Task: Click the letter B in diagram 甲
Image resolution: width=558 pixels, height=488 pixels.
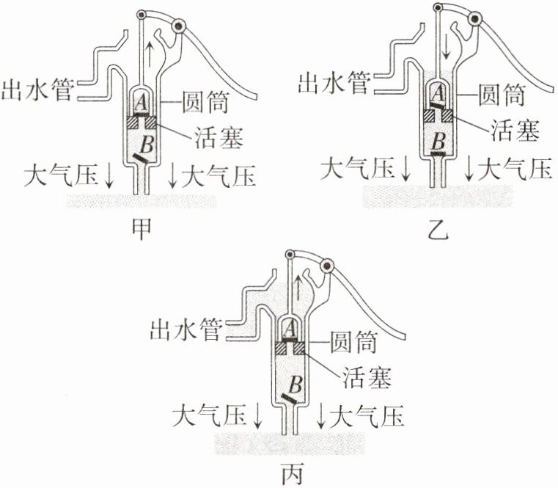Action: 146,142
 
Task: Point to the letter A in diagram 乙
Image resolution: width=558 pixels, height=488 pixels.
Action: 438,92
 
